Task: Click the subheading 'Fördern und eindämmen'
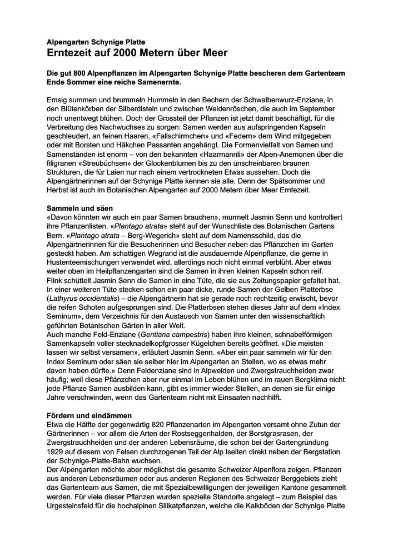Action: click(x=89, y=415)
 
